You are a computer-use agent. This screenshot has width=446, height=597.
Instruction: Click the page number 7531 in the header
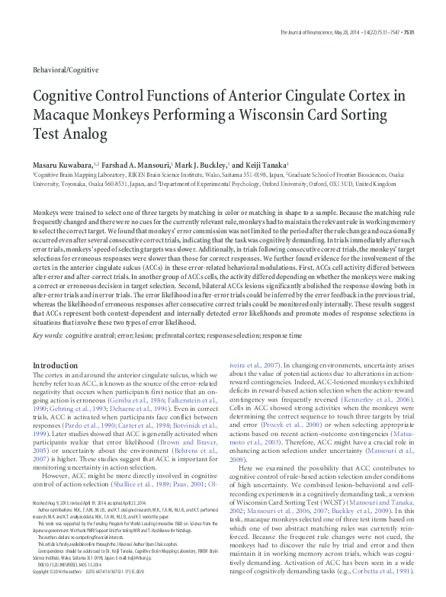point(408,33)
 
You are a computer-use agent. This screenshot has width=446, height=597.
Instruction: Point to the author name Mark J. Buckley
point(200,165)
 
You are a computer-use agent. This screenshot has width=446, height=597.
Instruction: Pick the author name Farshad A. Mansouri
point(137,165)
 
